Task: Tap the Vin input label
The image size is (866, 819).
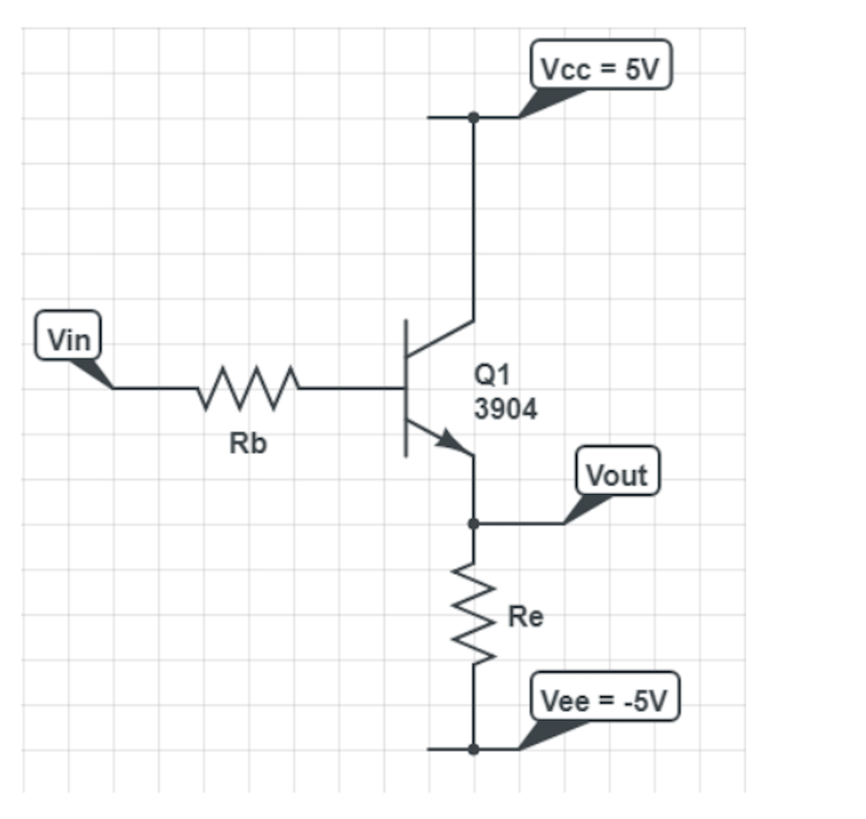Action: pyautogui.click(x=68, y=340)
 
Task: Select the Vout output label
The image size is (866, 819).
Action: pyautogui.click(x=617, y=475)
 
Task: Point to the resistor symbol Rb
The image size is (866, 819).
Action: pyautogui.click(x=248, y=388)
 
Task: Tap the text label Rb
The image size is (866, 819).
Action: pyautogui.click(x=248, y=443)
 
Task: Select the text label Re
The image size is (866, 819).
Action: pyautogui.click(x=525, y=617)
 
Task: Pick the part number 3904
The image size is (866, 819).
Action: pyautogui.click(x=505, y=409)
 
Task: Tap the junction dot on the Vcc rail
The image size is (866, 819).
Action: pyautogui.click(x=474, y=117)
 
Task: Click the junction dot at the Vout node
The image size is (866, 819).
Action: pyautogui.click(x=474, y=524)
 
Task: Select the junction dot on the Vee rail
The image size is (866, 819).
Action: pyautogui.click(x=474, y=749)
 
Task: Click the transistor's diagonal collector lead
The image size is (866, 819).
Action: pyautogui.click(x=440, y=338)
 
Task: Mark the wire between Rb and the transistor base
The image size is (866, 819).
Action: pyautogui.click(x=351, y=388)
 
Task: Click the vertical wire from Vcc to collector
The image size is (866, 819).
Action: pyautogui.click(x=474, y=220)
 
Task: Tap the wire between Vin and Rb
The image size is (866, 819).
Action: pyautogui.click(x=156, y=388)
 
